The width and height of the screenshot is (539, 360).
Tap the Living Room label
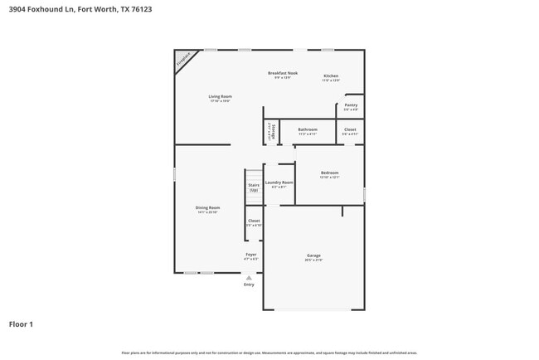point(219,98)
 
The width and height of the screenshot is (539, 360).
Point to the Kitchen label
point(331,77)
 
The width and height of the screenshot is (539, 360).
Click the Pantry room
point(351,107)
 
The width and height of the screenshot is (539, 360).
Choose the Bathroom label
point(308,131)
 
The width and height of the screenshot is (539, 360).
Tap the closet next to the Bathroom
point(350,131)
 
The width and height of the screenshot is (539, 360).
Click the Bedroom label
point(329,174)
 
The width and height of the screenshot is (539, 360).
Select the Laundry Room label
point(279,183)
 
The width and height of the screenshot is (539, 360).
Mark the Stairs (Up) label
point(254,187)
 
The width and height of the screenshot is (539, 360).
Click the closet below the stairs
point(254,222)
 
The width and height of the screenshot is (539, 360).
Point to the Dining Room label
point(207,209)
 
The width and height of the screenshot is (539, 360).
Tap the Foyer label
point(250,255)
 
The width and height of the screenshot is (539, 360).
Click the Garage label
point(313,257)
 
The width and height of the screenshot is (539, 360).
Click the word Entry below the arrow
point(249,285)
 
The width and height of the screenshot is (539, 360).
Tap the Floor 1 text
point(21,324)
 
